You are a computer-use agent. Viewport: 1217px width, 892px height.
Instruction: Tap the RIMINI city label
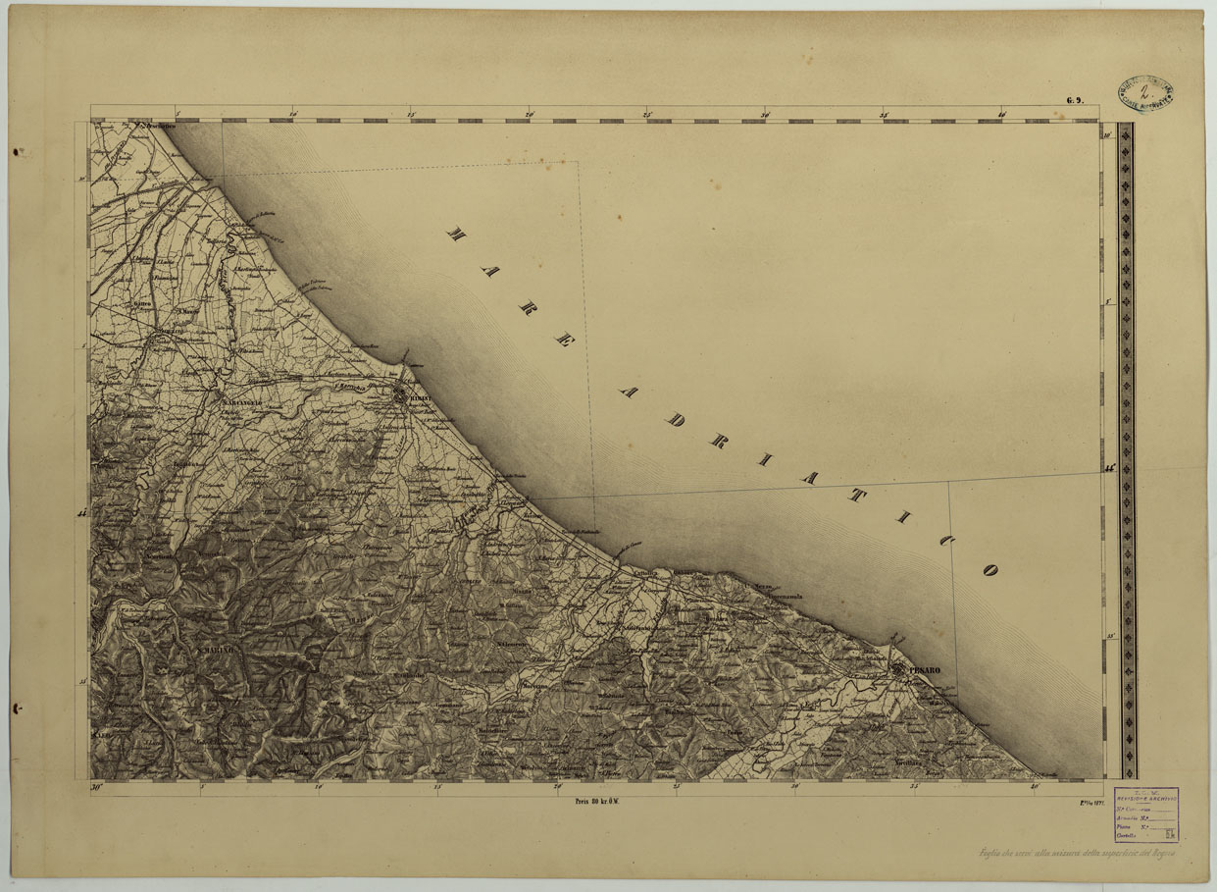point(420,398)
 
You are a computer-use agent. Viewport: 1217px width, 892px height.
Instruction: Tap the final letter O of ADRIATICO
point(989,569)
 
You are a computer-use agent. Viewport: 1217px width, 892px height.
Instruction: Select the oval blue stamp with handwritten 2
point(1145,94)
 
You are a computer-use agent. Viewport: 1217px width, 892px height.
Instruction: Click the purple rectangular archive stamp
point(1146,815)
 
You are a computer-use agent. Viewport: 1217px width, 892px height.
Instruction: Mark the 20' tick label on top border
point(530,114)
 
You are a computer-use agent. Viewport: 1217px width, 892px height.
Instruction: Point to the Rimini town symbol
point(401,396)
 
